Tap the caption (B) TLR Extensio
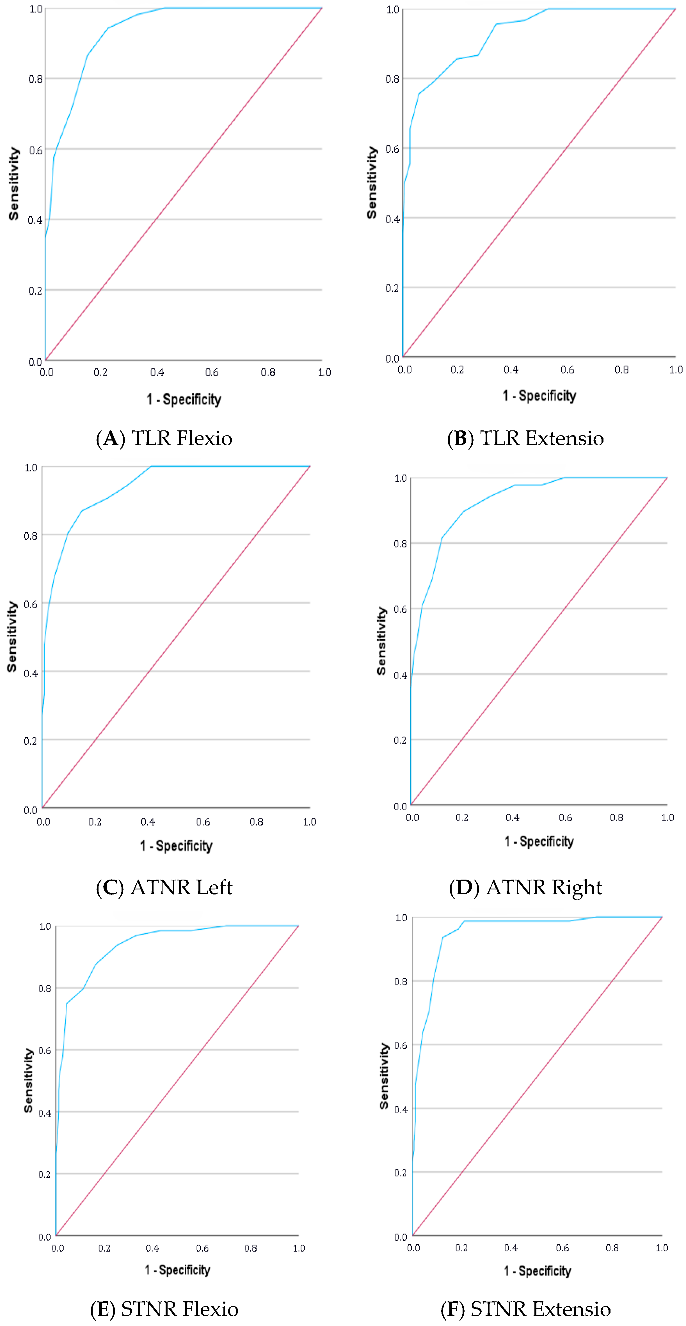click(x=525, y=438)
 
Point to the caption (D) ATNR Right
click(x=525, y=887)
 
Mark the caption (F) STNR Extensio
click(x=525, y=1309)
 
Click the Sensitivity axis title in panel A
click(x=14, y=184)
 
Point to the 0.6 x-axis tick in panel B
click(x=567, y=370)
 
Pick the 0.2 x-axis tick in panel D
click(x=461, y=817)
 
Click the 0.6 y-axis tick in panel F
click(x=401, y=1045)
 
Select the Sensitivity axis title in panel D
click(x=382, y=641)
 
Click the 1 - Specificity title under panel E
click(x=177, y=1270)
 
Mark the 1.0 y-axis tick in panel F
click(x=401, y=918)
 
